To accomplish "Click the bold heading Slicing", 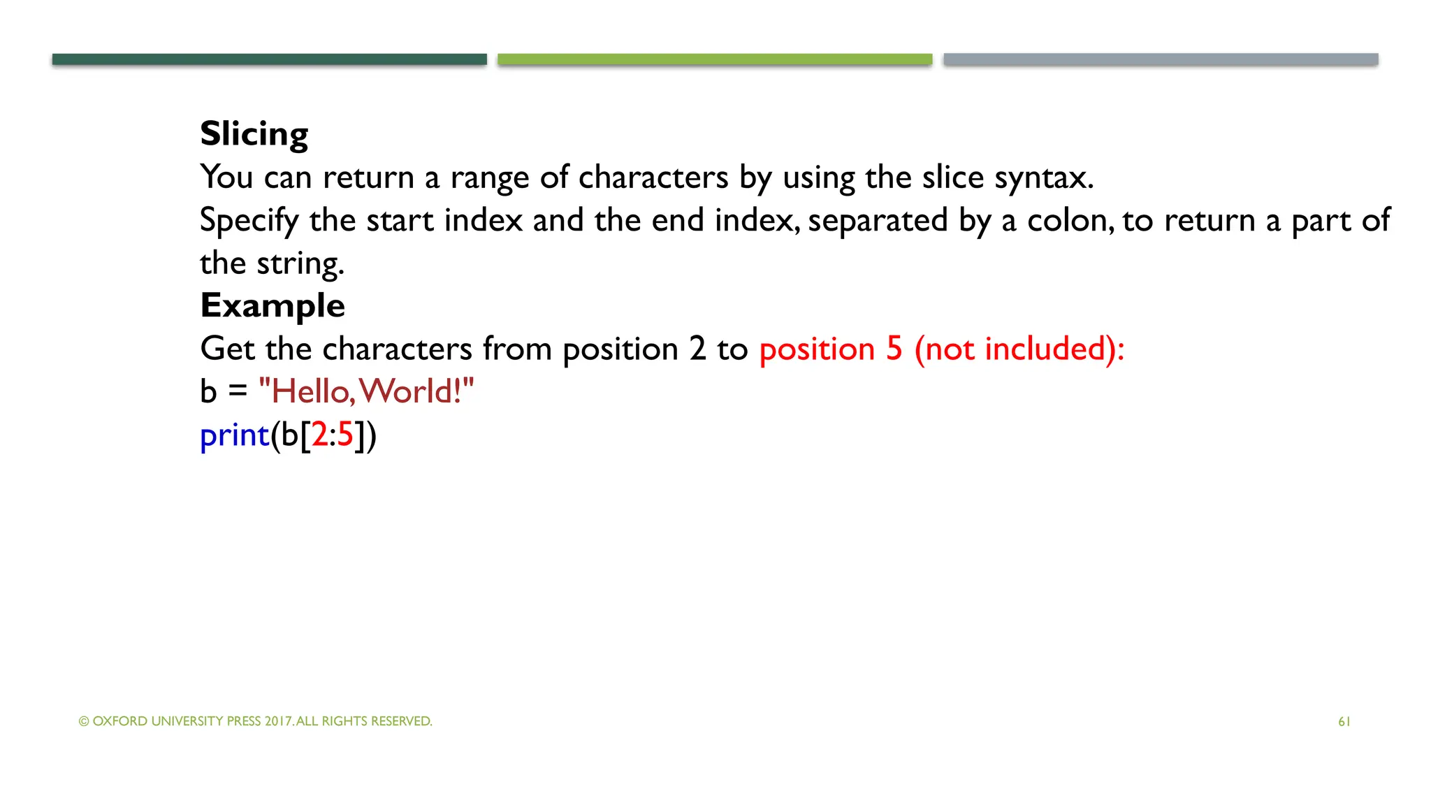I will pyautogui.click(x=254, y=133).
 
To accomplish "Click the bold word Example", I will pyautogui.click(x=273, y=305).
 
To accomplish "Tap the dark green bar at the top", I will pyautogui.click(x=269, y=59).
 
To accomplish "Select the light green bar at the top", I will pyautogui.click(x=715, y=59).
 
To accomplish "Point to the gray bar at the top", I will pyautogui.click(x=1161, y=59).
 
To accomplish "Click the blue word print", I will pyautogui.click(x=234, y=435).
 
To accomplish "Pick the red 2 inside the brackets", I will pyautogui.click(x=319, y=435).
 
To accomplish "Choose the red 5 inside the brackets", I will pyautogui.click(x=345, y=435).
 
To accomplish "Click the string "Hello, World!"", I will pyautogui.click(x=366, y=391).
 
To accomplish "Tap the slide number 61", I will pyautogui.click(x=1344, y=722).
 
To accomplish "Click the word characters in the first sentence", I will pyautogui.click(x=653, y=177).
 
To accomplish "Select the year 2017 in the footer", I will pyautogui.click(x=278, y=721).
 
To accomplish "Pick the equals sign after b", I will pyautogui.click(x=238, y=392).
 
